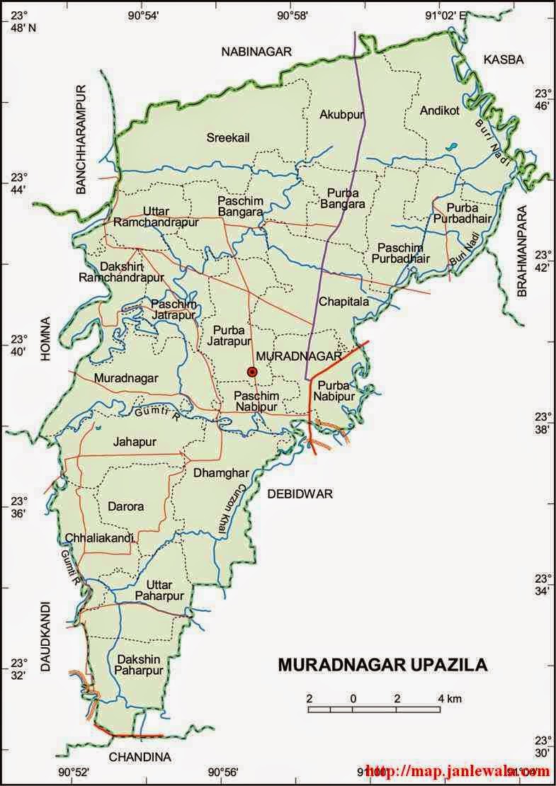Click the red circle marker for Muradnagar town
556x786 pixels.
(x=251, y=372)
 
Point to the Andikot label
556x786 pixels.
(x=440, y=110)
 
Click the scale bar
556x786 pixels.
(x=375, y=709)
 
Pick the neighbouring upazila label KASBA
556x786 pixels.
(x=503, y=60)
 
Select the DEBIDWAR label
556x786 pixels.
(x=300, y=494)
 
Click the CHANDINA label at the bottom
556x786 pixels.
(x=140, y=757)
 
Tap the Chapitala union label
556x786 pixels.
(x=344, y=302)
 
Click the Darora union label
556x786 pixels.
(x=125, y=506)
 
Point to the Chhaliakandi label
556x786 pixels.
(x=99, y=538)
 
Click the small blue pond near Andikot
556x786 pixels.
(x=451, y=148)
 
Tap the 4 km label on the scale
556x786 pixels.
(x=450, y=699)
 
